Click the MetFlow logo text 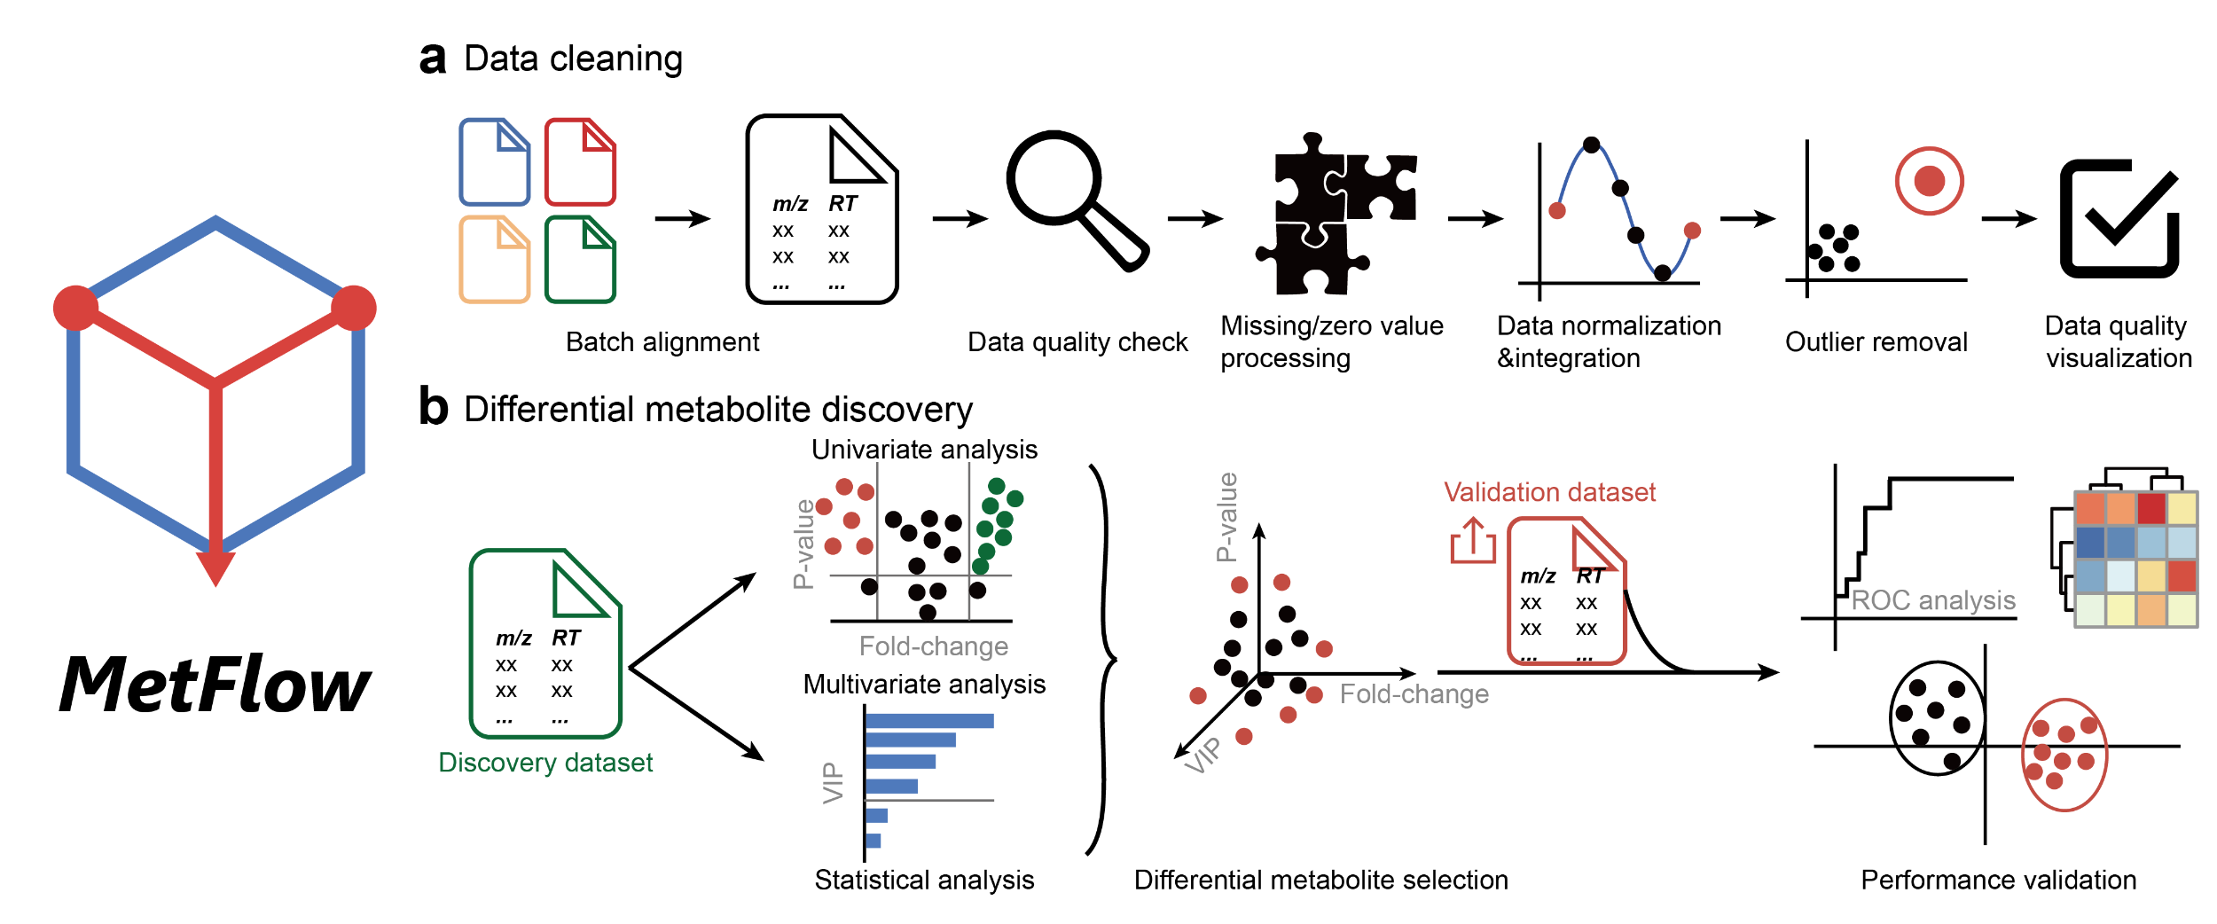pyautogui.click(x=215, y=685)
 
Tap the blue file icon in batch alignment pyautogui.click(x=494, y=162)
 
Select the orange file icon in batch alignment pyautogui.click(x=494, y=260)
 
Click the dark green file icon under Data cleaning pyautogui.click(x=580, y=260)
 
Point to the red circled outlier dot pyautogui.click(x=1929, y=181)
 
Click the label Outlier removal pyautogui.click(x=1876, y=342)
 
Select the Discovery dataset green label pyautogui.click(x=545, y=763)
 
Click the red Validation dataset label pyautogui.click(x=1549, y=492)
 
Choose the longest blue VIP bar pyautogui.click(x=929, y=721)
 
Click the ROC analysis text pyautogui.click(x=1933, y=600)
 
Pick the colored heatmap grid pyautogui.click(x=2135, y=560)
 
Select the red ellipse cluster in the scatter pyautogui.click(x=2064, y=755)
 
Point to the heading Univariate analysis pyautogui.click(x=924, y=450)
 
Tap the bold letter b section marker pyautogui.click(x=434, y=408)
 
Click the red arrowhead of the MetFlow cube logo pyautogui.click(x=215, y=568)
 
